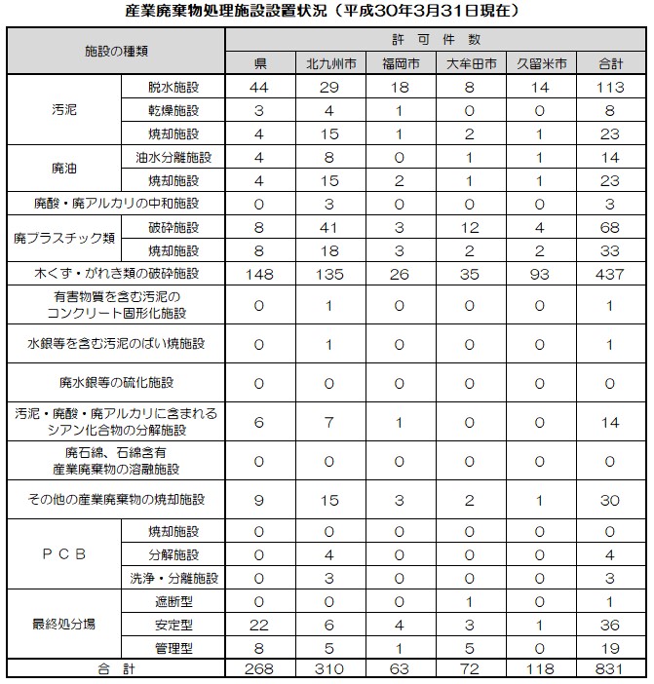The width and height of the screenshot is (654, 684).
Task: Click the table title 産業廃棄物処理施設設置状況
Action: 327,13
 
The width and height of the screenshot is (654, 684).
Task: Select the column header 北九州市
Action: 328,63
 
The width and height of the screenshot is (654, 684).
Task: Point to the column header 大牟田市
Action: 471,63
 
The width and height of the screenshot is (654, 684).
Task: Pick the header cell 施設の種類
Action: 116,51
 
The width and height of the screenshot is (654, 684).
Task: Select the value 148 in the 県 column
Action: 260,275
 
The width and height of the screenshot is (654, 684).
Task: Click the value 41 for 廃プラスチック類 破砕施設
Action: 328,228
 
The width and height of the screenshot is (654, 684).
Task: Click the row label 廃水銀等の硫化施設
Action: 116,384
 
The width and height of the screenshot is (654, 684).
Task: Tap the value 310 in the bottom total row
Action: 328,670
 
